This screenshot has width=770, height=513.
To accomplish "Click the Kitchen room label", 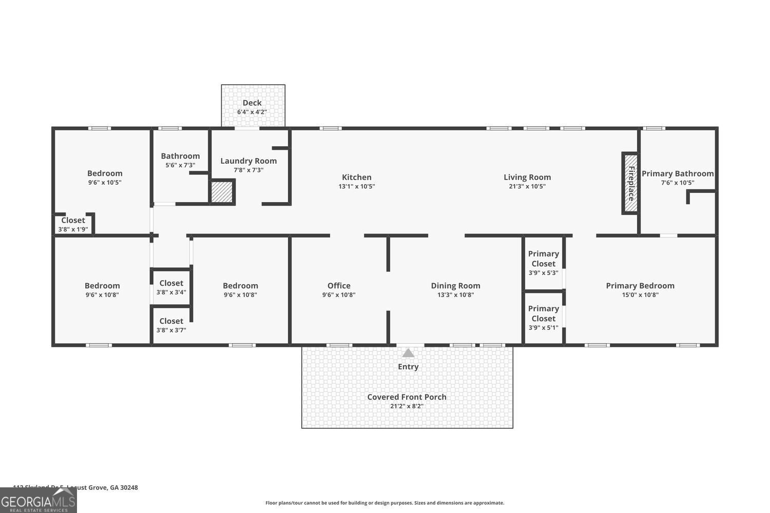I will click(357, 177).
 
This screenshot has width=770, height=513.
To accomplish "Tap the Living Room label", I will click(527, 177).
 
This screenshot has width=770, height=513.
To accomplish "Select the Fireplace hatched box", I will click(630, 184).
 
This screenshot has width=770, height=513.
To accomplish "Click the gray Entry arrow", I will click(408, 353).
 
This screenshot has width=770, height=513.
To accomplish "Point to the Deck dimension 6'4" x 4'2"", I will click(252, 112).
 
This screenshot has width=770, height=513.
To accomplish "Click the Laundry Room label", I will click(248, 161).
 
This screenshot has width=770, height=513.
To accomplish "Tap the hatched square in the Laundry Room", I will click(222, 192).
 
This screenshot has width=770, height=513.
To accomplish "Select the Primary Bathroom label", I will click(678, 173).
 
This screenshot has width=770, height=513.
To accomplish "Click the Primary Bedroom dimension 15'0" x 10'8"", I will click(640, 295).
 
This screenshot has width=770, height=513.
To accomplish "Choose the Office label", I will click(339, 286).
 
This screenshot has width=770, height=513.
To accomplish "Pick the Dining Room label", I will click(455, 286).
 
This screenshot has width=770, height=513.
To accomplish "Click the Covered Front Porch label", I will click(407, 397).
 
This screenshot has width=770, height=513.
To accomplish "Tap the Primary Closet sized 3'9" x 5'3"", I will click(543, 263).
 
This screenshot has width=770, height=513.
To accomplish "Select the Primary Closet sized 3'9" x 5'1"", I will click(543, 318).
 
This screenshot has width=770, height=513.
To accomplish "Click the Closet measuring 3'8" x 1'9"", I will click(73, 224).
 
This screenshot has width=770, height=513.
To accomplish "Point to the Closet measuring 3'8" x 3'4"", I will click(171, 287).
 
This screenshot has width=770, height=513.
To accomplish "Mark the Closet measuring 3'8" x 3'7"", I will click(171, 325).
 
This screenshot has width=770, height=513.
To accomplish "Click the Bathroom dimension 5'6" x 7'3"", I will click(180, 165).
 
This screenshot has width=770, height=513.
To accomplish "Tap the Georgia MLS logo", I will click(38, 501).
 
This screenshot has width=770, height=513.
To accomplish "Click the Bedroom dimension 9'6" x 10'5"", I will click(105, 183).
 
